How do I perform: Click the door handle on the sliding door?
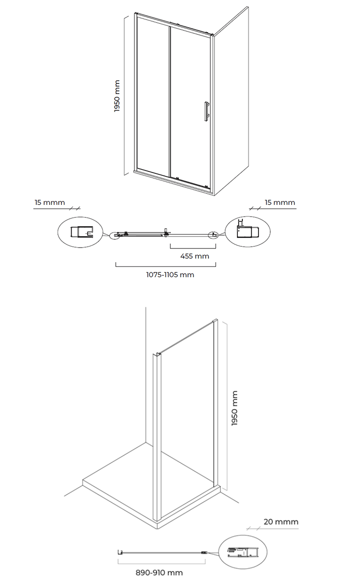tap(207, 111)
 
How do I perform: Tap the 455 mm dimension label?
tap(195, 256)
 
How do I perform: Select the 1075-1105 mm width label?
tap(170, 275)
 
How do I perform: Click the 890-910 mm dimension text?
tap(159, 573)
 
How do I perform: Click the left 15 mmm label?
tap(50, 202)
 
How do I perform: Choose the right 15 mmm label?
tap(280, 202)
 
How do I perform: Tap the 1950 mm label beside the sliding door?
tap(117, 96)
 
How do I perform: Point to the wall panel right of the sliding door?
tap(231, 101)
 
